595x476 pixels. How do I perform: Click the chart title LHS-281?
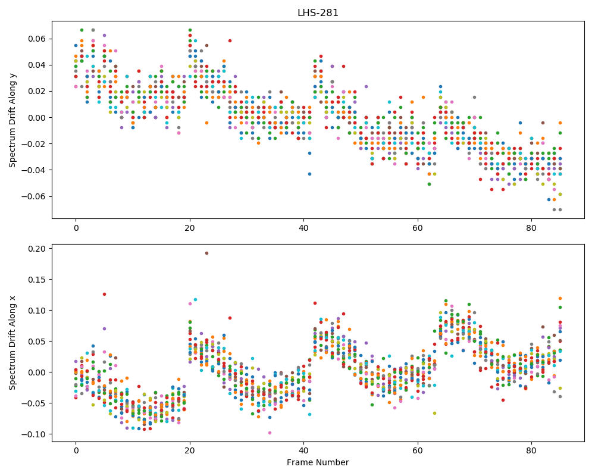(318, 13)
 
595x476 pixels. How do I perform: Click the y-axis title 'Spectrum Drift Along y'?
(12, 120)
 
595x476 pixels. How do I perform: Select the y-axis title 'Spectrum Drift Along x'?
(12, 343)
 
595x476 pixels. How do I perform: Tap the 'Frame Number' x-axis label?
(318, 462)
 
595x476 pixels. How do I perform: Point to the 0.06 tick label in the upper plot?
(37, 39)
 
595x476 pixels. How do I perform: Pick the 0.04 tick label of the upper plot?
(37, 65)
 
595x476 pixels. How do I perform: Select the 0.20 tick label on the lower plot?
(37, 249)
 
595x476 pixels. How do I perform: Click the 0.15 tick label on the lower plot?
(37, 280)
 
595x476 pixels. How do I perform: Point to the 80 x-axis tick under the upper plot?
(531, 228)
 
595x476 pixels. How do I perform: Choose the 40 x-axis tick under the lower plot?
(303, 451)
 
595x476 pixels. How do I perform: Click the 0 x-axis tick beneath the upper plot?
(76, 228)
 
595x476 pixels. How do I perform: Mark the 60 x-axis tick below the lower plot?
(418, 451)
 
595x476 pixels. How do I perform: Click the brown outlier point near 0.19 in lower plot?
(207, 253)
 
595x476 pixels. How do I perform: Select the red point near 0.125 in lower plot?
(104, 294)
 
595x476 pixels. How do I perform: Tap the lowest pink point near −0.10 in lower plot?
(270, 433)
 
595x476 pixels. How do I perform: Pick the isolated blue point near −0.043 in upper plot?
(309, 174)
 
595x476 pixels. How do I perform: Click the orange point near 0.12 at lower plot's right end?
(560, 298)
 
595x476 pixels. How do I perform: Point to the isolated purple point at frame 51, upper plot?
(366, 86)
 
